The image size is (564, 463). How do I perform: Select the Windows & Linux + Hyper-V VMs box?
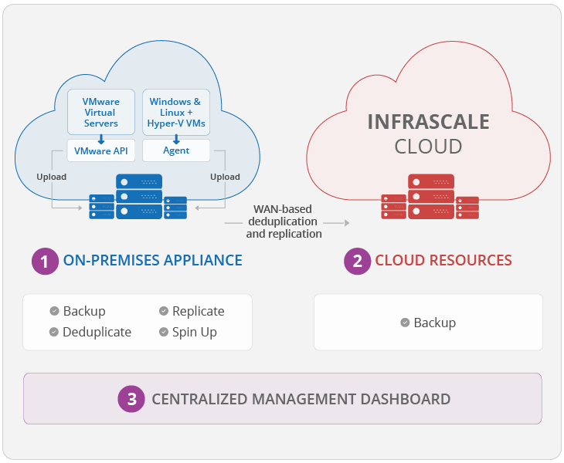coord(176,113)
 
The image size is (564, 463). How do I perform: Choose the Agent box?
coord(176,150)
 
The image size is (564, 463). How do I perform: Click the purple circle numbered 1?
coord(45,261)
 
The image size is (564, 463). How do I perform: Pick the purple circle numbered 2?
coord(357,261)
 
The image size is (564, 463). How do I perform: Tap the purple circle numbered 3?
coord(132,399)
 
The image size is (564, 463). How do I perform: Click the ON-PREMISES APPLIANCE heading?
coord(153,261)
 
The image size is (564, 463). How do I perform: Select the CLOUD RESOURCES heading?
coord(443,261)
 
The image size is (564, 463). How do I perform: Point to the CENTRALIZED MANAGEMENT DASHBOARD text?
coord(301,399)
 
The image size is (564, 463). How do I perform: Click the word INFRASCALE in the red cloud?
coord(428,122)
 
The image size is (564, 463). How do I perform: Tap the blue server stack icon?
coord(138,198)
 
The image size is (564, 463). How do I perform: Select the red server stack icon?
coord(430,198)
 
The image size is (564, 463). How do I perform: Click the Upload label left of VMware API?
coord(51,177)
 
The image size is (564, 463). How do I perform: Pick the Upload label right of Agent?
coord(226,177)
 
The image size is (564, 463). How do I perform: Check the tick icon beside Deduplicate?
coord(55,332)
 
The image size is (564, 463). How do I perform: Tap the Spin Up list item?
coord(194,332)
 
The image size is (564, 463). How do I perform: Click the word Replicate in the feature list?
coord(198,311)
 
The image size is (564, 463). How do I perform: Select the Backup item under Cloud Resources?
coord(434,323)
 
